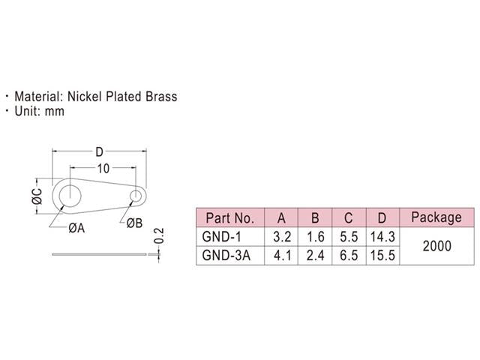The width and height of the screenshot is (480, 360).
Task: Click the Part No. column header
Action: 229,218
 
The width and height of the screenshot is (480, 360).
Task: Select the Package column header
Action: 436,217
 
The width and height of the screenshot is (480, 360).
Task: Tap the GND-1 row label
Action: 223,237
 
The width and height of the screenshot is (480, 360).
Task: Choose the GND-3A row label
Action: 226,256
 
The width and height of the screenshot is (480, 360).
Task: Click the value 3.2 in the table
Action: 282,237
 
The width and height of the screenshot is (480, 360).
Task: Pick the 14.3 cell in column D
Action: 382,237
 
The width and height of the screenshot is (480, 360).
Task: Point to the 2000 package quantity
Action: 436,246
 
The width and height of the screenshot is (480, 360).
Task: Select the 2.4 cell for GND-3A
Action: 316,256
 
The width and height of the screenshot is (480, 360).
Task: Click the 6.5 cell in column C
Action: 349,256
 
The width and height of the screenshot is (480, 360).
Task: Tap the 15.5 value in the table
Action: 382,256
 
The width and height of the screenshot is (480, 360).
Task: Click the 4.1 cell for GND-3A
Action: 282,256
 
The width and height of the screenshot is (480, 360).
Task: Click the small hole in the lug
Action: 136,196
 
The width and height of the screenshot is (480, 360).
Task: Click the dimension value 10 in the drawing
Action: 103,167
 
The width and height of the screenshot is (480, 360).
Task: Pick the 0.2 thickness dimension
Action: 158,236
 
